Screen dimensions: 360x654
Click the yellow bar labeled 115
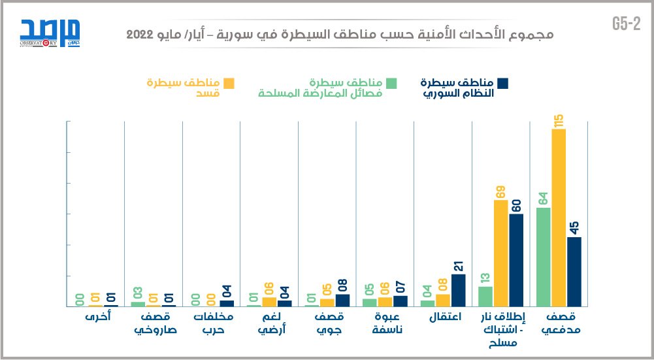tap(559, 218)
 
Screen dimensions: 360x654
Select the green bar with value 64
tap(543, 257)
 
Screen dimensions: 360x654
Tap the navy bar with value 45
tap(574, 271)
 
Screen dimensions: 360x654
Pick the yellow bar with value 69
tap(501, 253)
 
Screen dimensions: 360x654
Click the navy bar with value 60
tap(516, 260)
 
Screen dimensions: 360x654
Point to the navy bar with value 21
tap(459, 290)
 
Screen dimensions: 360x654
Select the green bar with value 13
tap(485, 296)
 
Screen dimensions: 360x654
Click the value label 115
tap(559, 120)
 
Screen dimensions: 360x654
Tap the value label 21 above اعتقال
tap(459, 267)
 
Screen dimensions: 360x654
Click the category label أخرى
tap(96, 318)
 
